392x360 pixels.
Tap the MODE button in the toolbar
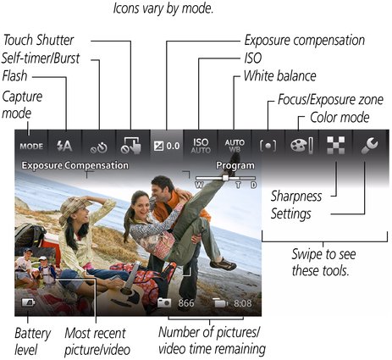pyautogui.click(x=31, y=147)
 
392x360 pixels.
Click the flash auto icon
pyautogui.click(x=64, y=146)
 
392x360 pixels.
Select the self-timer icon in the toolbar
pyautogui.click(x=99, y=147)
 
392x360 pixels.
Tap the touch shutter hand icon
pyautogui.click(x=130, y=146)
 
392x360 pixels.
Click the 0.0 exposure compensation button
pyautogui.click(x=167, y=146)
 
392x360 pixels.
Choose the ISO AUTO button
pyautogui.click(x=201, y=146)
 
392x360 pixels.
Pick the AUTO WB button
pyautogui.click(x=235, y=146)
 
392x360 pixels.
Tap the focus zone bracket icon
pyautogui.click(x=268, y=146)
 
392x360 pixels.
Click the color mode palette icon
pyautogui.click(x=301, y=146)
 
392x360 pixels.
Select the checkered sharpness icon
pyautogui.click(x=335, y=146)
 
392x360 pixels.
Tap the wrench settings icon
pyautogui.click(x=370, y=146)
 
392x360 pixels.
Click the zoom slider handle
pyautogui.click(x=225, y=178)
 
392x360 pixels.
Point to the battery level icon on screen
pyautogui.click(x=28, y=302)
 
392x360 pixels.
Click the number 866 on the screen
pyautogui.click(x=186, y=303)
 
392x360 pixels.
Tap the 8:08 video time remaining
pyautogui.click(x=243, y=303)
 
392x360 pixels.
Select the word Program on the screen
pyautogui.click(x=235, y=166)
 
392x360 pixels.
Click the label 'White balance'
pyautogui.click(x=280, y=76)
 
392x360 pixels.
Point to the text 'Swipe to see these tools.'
pyautogui.click(x=323, y=263)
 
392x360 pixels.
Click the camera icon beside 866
pyautogui.click(x=164, y=302)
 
